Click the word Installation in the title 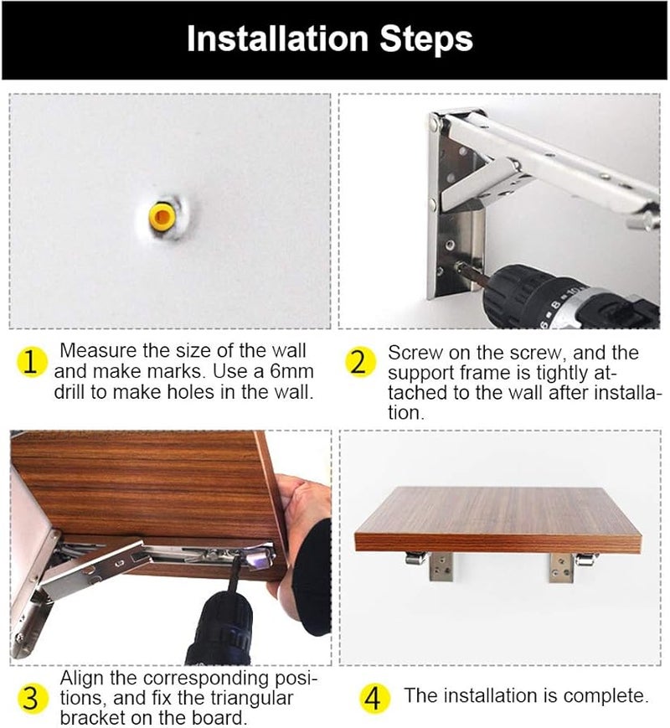click(277, 39)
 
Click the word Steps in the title click(426, 39)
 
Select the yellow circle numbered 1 click(31, 362)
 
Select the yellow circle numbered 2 click(360, 362)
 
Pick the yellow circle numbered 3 click(31, 698)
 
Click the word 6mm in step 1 click(291, 371)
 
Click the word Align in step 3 click(82, 679)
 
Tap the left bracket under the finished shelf click(430, 565)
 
